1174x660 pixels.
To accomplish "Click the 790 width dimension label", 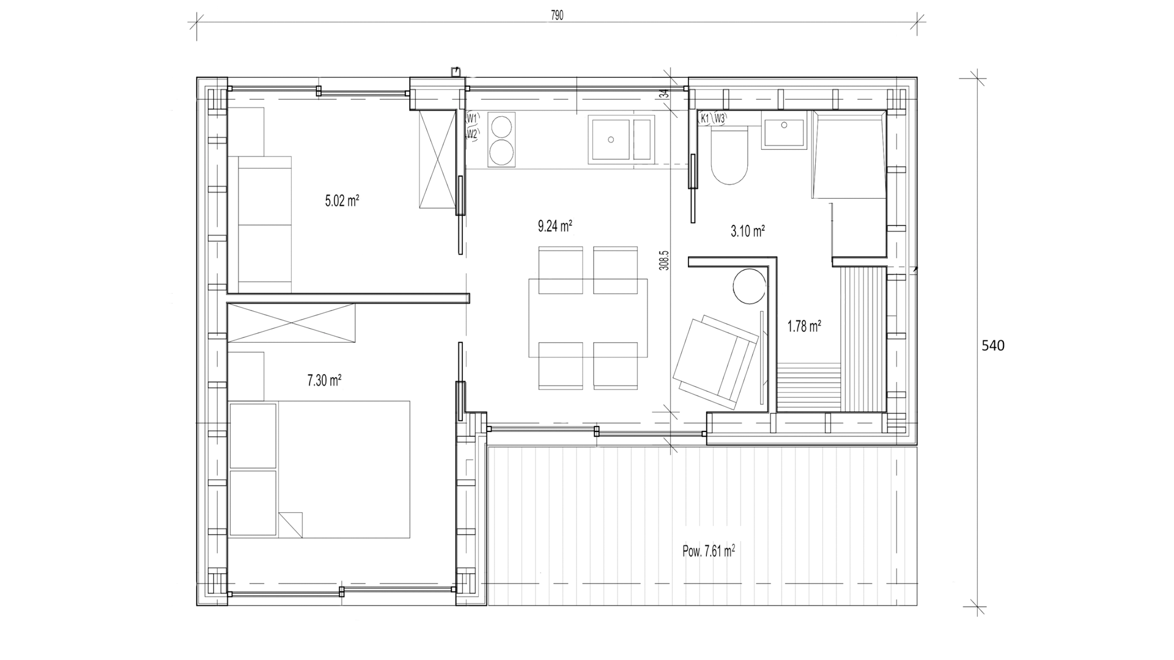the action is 557,16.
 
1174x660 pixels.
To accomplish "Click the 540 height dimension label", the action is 993,346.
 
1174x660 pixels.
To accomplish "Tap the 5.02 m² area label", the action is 342,200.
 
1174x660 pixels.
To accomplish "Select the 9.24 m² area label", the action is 555,226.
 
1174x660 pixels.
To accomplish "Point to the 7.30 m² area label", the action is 324,381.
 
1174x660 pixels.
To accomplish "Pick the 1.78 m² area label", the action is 804,327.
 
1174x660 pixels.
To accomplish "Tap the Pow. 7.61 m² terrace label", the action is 709,551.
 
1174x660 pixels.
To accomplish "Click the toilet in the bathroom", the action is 729,156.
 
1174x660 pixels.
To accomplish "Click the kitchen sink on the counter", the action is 621,140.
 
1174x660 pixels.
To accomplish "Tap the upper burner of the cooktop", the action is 501,128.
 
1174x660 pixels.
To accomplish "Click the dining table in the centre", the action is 588,318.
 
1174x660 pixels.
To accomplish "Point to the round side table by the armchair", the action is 749,287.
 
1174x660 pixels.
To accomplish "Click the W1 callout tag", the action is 472,118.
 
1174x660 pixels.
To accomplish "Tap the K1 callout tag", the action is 705,119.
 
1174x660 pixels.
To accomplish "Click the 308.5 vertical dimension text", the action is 664,260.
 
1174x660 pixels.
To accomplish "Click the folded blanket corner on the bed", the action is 290,524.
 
